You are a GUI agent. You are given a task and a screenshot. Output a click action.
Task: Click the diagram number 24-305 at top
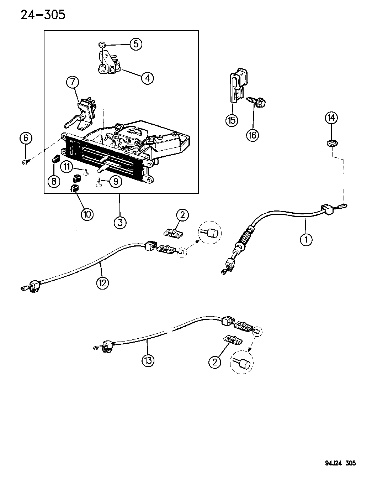43,15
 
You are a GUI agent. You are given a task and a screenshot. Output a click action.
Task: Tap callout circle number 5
135,44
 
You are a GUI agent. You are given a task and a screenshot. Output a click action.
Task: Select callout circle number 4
147,78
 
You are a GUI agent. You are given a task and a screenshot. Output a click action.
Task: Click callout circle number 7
72,83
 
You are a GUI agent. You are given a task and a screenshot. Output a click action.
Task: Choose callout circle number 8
54,182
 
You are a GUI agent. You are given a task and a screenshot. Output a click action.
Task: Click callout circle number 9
116,182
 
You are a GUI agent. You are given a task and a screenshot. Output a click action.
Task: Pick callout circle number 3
120,223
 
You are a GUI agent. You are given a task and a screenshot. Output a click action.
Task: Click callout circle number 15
232,120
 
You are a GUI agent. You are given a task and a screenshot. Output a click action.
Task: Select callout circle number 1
306,239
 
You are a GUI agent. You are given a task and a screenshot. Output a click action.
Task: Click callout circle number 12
102,283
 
